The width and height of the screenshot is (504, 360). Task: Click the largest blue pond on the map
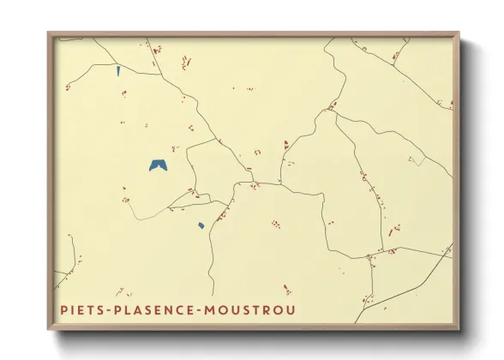(158, 165)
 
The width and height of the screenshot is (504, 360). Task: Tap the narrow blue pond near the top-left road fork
(118, 71)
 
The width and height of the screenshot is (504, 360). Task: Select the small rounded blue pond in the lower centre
(201, 226)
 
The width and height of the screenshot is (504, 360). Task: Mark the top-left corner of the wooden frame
(49, 33)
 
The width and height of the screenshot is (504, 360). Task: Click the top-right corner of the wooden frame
(459, 33)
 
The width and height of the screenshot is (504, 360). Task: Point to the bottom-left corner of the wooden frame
(49, 329)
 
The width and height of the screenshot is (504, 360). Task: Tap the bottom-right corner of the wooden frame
(459, 329)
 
